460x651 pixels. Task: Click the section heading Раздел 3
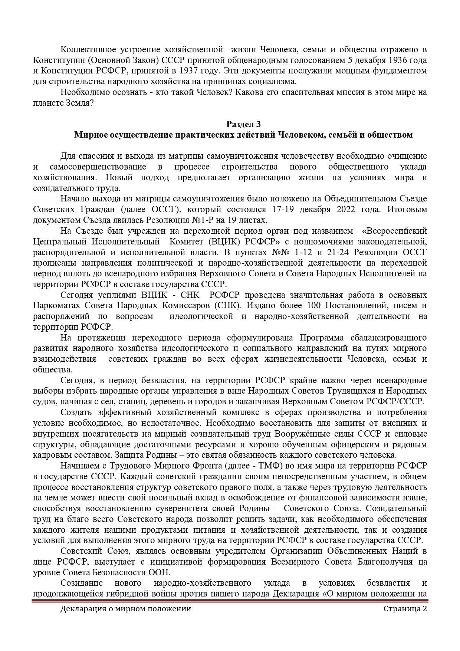tap(243, 124)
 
